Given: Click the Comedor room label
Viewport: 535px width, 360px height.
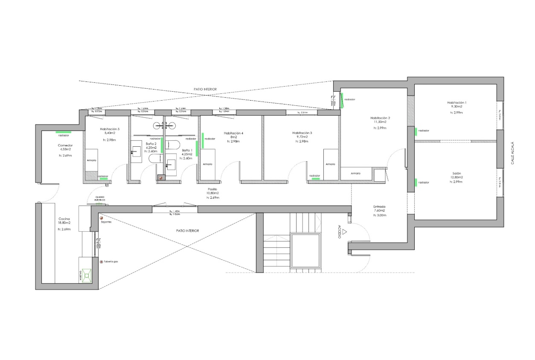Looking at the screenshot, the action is [x=65, y=145].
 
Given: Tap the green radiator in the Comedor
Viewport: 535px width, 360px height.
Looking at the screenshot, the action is [x=63, y=132].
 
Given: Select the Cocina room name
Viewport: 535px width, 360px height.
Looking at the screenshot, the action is [x=64, y=218].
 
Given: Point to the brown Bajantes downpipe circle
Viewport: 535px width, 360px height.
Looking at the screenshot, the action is [x=102, y=218].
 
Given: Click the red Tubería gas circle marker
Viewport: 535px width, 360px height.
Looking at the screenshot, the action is [x=101, y=262].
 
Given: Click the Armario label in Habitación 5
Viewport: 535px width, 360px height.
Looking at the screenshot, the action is [x=91, y=160].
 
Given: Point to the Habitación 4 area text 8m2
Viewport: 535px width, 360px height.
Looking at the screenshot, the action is [x=233, y=137].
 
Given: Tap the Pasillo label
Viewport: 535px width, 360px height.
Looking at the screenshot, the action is [x=212, y=189].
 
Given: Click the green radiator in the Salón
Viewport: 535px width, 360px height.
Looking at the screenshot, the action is [x=415, y=183].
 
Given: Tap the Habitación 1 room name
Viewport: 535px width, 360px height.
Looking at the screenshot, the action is [x=457, y=103].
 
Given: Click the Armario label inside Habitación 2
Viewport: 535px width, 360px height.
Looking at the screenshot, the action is [x=356, y=173].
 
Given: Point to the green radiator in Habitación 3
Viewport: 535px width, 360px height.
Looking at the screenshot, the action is [x=316, y=179].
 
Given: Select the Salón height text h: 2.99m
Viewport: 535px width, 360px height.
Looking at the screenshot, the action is [x=456, y=182].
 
